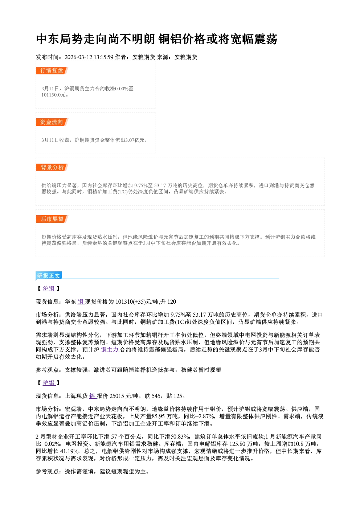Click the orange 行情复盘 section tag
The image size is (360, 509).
52,70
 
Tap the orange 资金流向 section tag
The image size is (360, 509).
52,122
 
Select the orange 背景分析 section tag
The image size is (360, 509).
52,168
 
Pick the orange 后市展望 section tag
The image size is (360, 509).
52,219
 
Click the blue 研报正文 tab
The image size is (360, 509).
49,276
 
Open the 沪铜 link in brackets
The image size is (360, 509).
49,288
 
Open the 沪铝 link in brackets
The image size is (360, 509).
49,383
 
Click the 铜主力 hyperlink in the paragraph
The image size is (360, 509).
110,349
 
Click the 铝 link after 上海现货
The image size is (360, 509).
93,396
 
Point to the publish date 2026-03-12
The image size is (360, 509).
78,57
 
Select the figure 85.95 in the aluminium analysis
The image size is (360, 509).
159,416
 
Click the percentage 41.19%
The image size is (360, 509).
70,451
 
